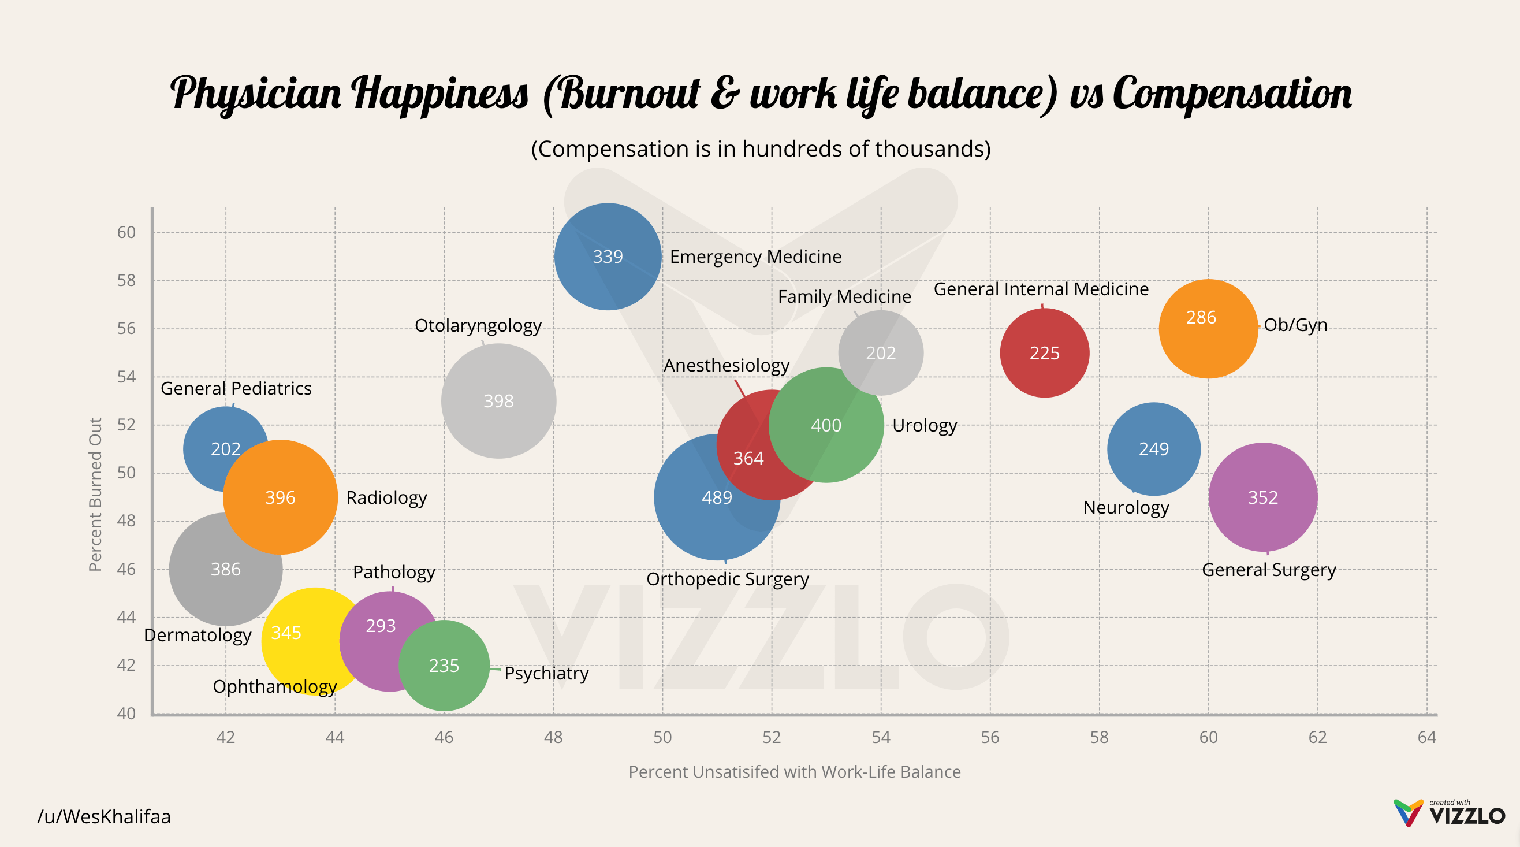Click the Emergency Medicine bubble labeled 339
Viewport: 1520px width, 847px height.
608,257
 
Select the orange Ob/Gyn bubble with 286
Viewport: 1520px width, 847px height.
1208,329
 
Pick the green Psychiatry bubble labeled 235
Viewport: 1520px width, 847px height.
444,666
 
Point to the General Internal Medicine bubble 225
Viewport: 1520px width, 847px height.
1044,353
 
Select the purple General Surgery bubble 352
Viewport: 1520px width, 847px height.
1263,497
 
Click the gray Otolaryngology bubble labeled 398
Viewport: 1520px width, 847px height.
498,402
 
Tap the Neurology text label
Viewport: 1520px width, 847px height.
1126,508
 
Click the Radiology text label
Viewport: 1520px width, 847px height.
386,497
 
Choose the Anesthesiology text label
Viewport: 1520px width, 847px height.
727,365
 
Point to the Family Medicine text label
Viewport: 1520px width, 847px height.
844,296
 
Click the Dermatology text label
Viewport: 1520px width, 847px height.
198,635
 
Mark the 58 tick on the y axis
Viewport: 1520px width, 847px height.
126,280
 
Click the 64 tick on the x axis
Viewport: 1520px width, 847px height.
1426,737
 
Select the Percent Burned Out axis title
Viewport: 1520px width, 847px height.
95,495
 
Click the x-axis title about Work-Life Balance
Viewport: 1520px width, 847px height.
794,772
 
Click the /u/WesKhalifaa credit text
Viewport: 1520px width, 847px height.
104,817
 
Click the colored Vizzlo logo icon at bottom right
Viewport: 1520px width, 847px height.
1409,813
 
